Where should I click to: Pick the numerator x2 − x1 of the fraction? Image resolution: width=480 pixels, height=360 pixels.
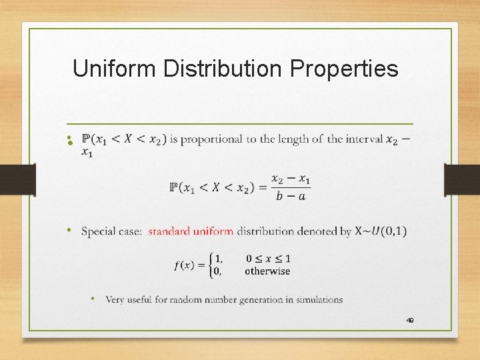pyautogui.click(x=291, y=179)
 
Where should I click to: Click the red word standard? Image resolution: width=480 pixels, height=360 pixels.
pyautogui.click(x=168, y=231)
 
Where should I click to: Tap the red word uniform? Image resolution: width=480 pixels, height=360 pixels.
pyautogui.click(x=213, y=231)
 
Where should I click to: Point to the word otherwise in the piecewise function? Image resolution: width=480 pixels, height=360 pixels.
pyautogui.click(x=267, y=271)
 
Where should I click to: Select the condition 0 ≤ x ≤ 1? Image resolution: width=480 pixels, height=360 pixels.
pyautogui.click(x=268, y=259)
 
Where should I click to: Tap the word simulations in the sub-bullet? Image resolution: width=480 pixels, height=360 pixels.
pyautogui.click(x=319, y=300)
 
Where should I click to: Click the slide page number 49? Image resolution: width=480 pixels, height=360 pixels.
pyautogui.click(x=410, y=321)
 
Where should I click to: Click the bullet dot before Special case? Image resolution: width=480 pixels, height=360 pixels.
pyautogui.click(x=68, y=230)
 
